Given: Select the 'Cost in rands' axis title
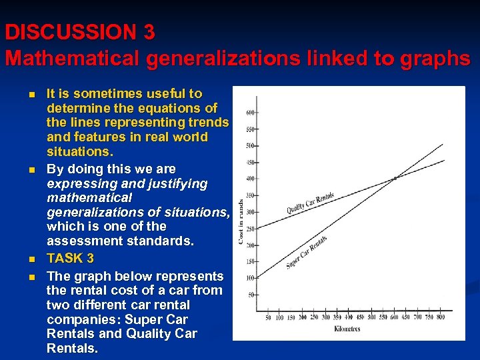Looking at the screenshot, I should click(241, 213).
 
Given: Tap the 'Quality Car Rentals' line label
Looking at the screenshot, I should click(310, 203).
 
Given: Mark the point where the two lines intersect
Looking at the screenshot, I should click(395, 178).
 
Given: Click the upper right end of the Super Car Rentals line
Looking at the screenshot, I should click(443, 144).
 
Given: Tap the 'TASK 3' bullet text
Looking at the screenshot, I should click(70, 258).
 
